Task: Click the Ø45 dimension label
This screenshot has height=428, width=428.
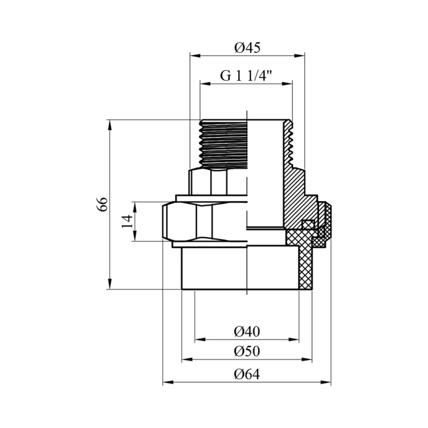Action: pos(247,48)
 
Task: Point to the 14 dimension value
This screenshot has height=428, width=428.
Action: pos(127,221)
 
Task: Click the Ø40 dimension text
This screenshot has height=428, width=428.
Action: pos(247,332)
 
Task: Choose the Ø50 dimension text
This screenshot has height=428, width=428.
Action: pos(247,351)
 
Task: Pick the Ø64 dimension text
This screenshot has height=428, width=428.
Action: pos(247,374)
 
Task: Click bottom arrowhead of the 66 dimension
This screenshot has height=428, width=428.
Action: pos(109,284)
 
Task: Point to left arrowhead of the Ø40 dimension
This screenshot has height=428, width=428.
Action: pos(200,340)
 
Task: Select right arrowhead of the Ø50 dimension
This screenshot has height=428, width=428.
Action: pos(307,360)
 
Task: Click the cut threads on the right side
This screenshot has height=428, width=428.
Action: pos(289,144)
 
